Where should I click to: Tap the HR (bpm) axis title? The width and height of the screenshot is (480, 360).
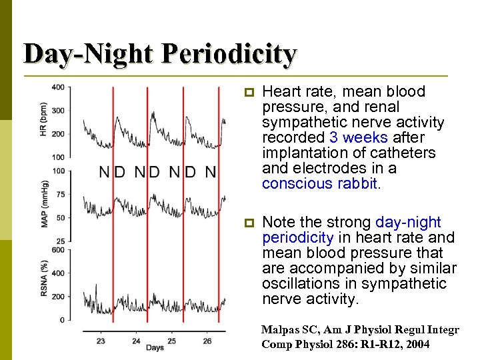(x=44, y=120)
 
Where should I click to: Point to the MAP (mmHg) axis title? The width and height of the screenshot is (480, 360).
(x=44, y=203)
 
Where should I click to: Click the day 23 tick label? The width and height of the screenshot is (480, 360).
(x=101, y=341)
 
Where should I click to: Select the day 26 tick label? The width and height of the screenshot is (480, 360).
(x=207, y=341)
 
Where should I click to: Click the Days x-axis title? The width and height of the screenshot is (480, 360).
(x=155, y=348)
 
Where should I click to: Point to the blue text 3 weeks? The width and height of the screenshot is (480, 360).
(x=358, y=137)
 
